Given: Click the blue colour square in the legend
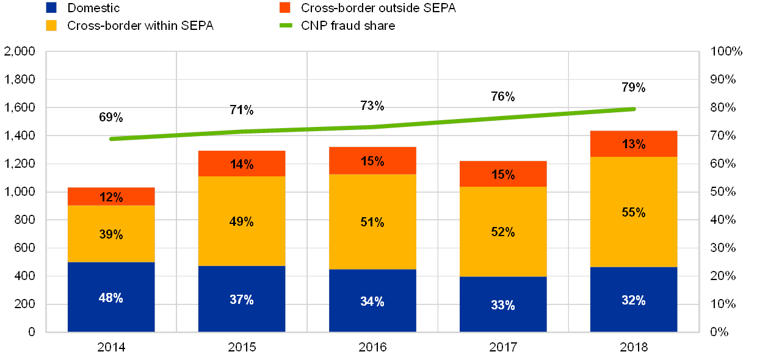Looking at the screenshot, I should pyautogui.click(x=52, y=8).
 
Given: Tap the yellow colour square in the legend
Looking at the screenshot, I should pyautogui.click(x=52, y=26).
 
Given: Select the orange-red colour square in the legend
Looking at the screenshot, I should pyautogui.click(x=284, y=8).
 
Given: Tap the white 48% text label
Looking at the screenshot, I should pyautogui.click(x=110, y=298).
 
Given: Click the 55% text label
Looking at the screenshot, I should pyautogui.click(x=633, y=212).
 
